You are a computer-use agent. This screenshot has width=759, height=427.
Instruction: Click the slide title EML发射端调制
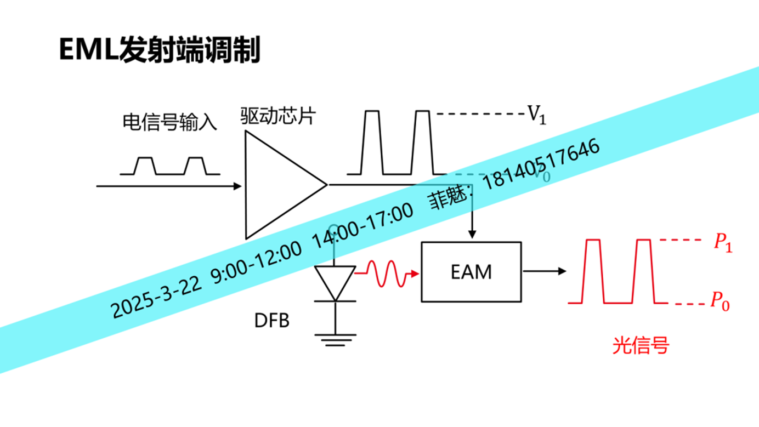(x=159, y=50)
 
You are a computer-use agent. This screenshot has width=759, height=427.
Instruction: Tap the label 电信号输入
(x=169, y=122)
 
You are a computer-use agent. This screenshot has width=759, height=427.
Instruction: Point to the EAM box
(x=471, y=272)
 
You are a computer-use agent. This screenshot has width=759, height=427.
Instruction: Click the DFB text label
(x=271, y=320)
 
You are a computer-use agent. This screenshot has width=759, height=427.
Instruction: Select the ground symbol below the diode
(x=335, y=339)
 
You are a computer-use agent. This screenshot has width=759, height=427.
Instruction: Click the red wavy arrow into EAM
(x=387, y=272)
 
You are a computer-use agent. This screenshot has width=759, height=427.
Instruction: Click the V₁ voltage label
(x=537, y=116)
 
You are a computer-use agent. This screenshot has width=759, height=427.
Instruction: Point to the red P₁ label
(x=723, y=242)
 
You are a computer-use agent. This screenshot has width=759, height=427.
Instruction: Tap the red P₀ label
(x=720, y=301)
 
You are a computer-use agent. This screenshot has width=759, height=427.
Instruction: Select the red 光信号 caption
(x=641, y=346)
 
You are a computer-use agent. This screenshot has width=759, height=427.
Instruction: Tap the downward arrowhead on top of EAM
(x=472, y=235)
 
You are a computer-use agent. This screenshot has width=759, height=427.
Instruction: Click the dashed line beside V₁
(x=480, y=114)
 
